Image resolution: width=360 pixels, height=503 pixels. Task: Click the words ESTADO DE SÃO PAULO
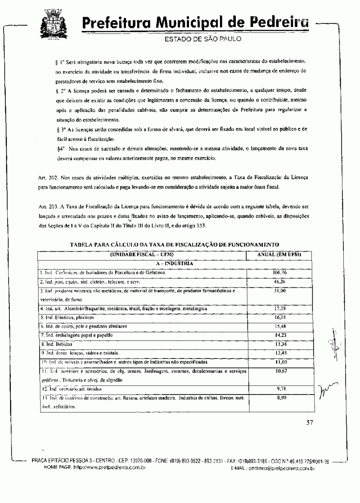pyautogui.click(x=203, y=39)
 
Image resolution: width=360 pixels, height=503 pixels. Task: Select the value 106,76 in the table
pyautogui.click(x=279, y=272)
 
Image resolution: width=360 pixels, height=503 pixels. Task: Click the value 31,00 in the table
pyautogui.click(x=279, y=290)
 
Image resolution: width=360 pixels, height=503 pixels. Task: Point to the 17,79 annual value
pyautogui.click(x=279, y=308)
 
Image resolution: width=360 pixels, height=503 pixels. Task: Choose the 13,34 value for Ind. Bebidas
pyautogui.click(x=279, y=344)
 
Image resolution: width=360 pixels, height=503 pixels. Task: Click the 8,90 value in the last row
pyautogui.click(x=279, y=398)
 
